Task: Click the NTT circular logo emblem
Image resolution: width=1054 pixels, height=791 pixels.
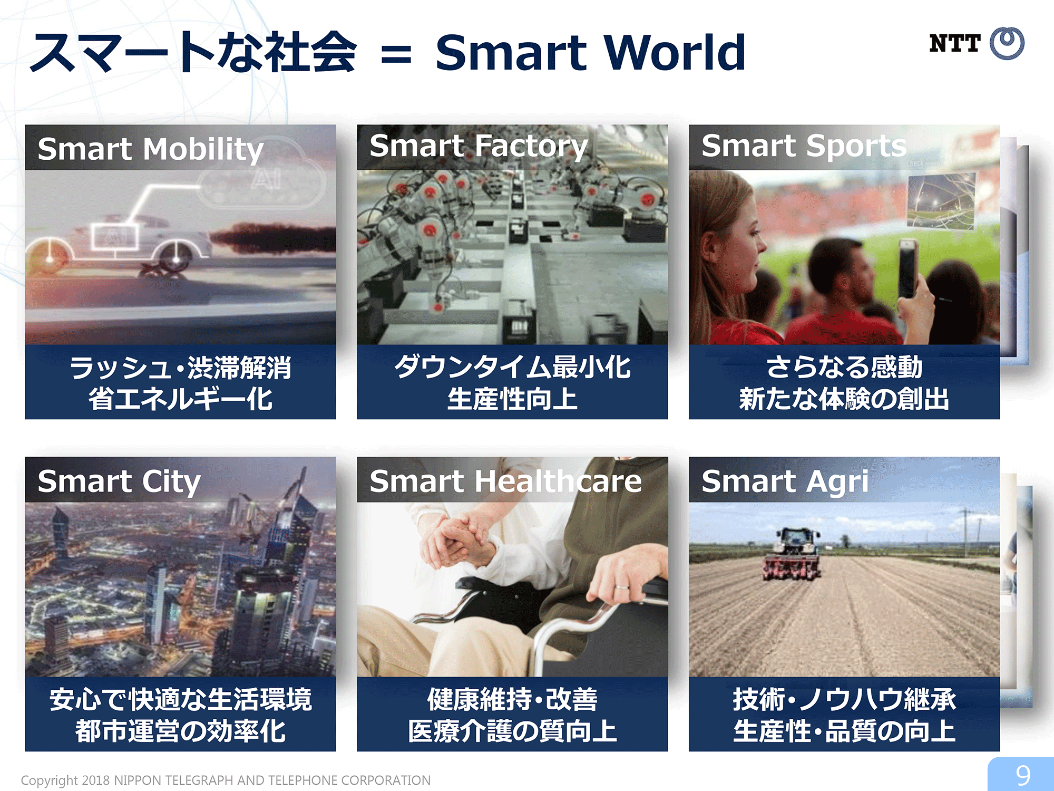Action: [1007, 43]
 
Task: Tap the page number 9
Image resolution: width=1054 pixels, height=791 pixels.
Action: [1023, 776]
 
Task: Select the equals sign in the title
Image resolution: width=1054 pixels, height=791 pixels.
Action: [396, 54]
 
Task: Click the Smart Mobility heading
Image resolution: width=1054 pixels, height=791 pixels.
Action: [151, 149]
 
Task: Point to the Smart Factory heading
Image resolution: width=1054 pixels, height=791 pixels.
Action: [479, 146]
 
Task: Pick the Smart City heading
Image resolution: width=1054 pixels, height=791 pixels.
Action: [119, 481]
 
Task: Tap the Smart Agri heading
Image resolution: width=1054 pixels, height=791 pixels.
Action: [785, 481]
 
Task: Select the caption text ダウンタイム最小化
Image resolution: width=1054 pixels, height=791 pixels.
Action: [512, 367]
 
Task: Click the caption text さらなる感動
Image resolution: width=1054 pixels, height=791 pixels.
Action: [844, 367]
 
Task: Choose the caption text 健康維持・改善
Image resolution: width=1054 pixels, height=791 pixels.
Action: [512, 699]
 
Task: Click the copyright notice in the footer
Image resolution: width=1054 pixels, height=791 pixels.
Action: [226, 780]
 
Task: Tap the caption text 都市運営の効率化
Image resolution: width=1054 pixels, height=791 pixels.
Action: [180, 731]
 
